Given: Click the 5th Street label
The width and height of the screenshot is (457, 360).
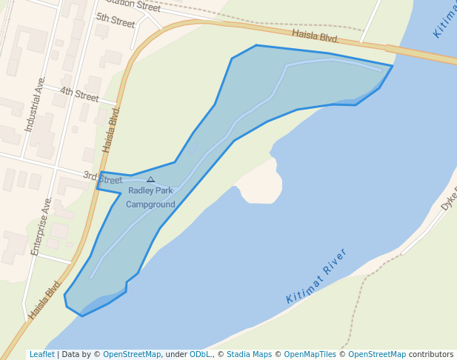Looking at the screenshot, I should tap(116, 20).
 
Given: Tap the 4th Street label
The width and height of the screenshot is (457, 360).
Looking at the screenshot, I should tap(79, 95).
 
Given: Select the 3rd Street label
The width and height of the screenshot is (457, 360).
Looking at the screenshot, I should tap(102, 178).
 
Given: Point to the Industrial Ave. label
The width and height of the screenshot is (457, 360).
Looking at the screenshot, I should tap(35, 104).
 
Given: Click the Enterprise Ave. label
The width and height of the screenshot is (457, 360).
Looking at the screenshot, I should tap(41, 227).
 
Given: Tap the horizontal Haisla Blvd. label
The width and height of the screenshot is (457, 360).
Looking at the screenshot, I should tap(315, 36).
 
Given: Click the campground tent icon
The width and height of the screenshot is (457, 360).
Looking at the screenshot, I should tap(150, 179).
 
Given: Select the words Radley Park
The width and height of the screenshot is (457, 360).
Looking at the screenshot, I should tap(150, 190).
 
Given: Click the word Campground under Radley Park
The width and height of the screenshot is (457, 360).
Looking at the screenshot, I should tap(150, 204).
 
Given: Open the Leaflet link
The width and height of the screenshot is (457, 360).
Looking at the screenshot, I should tap(41, 354).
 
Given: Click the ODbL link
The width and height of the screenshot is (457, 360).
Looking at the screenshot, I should tap(200, 354).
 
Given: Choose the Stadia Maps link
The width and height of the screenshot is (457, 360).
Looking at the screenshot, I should tap(249, 354).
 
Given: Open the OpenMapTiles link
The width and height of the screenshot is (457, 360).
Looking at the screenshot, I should tap(310, 354).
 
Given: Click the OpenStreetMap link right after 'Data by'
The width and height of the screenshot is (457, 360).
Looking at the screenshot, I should tap(132, 354).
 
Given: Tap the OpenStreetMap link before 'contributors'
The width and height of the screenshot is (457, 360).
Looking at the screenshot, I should tap(377, 354).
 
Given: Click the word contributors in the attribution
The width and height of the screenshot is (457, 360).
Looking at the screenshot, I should tap(431, 354).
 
